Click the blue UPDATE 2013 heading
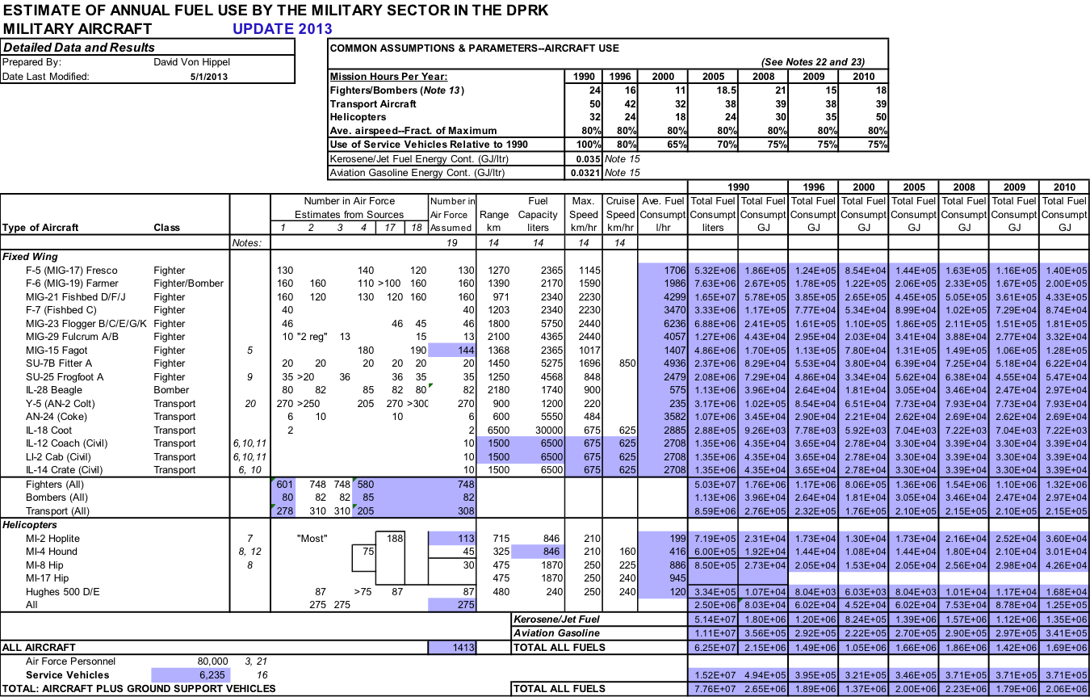pyautogui.click(x=283, y=29)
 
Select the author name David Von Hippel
pyautogui.click(x=191, y=62)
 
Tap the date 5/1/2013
pyautogui.click(x=209, y=77)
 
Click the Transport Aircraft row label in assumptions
pyautogui.click(x=373, y=103)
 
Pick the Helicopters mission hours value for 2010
pyautogui.click(x=881, y=117)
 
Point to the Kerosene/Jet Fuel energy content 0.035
pyautogui.click(x=588, y=158)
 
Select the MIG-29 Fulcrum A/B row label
pyautogui.click(x=72, y=337)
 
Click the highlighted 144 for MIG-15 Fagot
pyautogui.click(x=466, y=351)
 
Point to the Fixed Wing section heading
pyautogui.click(x=30, y=257)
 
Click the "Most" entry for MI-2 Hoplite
pyautogui.click(x=312, y=539)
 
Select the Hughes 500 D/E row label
pyautogui.click(x=63, y=592)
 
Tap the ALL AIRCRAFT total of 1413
pyautogui.click(x=463, y=648)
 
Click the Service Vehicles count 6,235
pyautogui.click(x=212, y=675)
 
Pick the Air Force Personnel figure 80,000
pyautogui.click(x=212, y=661)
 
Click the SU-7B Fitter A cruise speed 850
pyautogui.click(x=627, y=363)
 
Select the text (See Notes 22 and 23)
pyautogui.click(x=813, y=62)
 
